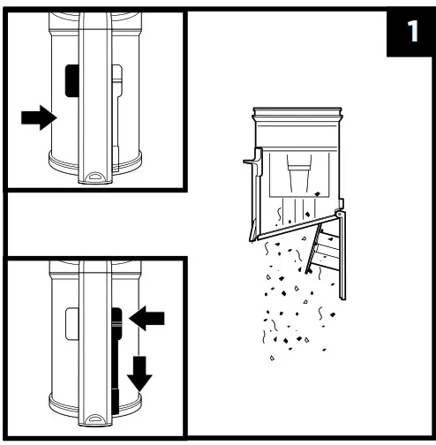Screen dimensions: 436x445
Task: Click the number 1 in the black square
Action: point(413,31)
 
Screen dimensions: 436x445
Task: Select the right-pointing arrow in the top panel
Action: point(39,117)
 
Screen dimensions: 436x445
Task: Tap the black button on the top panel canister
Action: point(72,81)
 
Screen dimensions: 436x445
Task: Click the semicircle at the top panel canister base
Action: point(94,176)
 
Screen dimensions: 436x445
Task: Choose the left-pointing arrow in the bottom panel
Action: point(147,318)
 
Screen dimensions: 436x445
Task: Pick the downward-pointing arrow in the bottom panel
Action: point(139,373)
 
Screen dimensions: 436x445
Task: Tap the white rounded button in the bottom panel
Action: point(72,324)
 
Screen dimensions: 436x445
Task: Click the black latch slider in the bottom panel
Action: point(117,360)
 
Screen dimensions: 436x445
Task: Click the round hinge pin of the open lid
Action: point(340,214)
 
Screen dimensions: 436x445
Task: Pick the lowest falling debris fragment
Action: point(272,358)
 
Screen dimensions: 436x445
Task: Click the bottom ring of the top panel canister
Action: point(94,163)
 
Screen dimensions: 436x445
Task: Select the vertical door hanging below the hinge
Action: point(342,256)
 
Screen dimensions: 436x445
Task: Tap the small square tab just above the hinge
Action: point(341,203)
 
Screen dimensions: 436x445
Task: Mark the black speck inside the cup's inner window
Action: point(317,194)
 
